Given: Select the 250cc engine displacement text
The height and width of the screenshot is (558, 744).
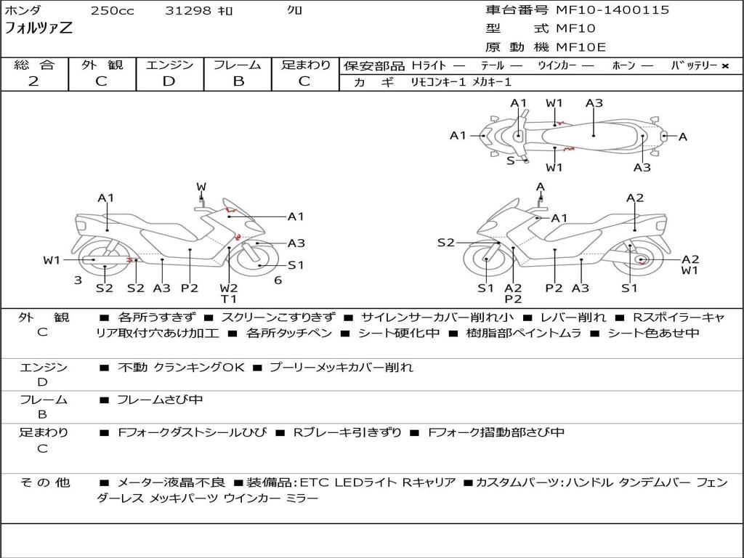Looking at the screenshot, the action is [112, 11].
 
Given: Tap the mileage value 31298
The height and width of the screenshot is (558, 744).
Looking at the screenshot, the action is [188, 11].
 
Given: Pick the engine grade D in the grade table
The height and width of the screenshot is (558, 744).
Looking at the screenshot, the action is [169, 81].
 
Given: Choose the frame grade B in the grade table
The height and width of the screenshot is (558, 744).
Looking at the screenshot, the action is [238, 81].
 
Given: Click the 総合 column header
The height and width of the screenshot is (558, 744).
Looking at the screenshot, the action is [34, 65].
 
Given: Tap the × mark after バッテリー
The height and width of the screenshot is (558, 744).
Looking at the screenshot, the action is [724, 66].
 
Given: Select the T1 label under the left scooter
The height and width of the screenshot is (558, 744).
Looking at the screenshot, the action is [229, 299].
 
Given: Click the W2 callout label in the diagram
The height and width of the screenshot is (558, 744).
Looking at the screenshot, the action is [229, 288].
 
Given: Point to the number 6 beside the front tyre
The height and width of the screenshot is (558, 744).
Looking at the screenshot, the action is [278, 280].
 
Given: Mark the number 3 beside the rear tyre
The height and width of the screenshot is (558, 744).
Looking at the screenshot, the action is [78, 280].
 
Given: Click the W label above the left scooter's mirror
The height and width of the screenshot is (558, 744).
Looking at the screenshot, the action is [201, 187].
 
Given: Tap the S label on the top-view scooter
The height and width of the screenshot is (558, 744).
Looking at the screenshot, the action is [510, 161].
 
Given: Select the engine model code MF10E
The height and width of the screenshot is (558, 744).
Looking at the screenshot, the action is [581, 47].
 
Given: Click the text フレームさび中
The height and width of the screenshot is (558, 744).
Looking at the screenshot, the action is [160, 400].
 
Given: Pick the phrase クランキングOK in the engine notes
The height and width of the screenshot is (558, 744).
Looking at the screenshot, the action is [198, 368].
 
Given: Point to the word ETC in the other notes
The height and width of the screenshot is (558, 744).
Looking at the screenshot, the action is [310, 482].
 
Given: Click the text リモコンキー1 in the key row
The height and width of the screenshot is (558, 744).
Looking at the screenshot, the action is [438, 82].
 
